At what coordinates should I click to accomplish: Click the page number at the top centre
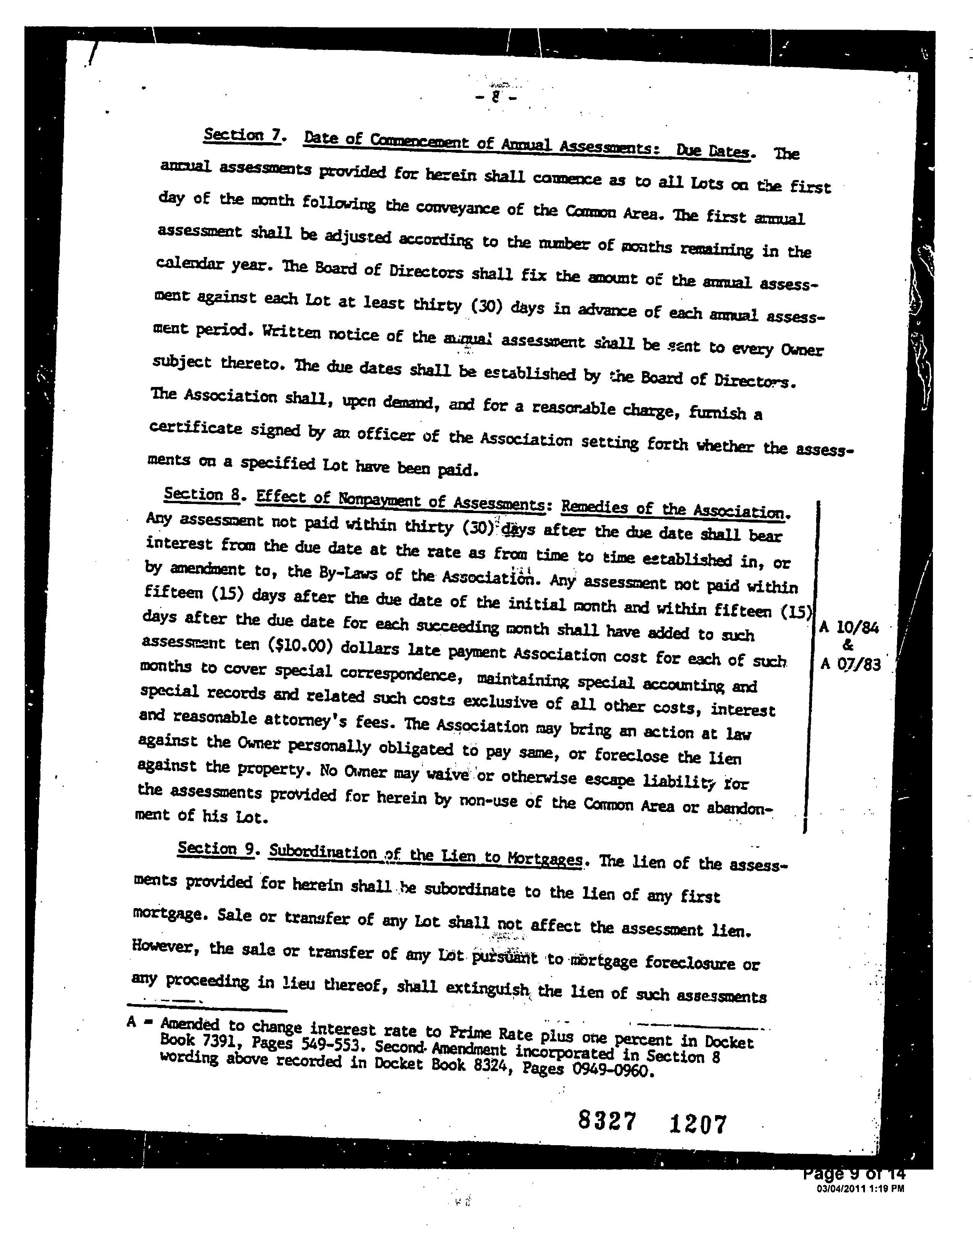pos(495,98)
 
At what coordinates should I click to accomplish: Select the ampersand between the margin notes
pos(847,646)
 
